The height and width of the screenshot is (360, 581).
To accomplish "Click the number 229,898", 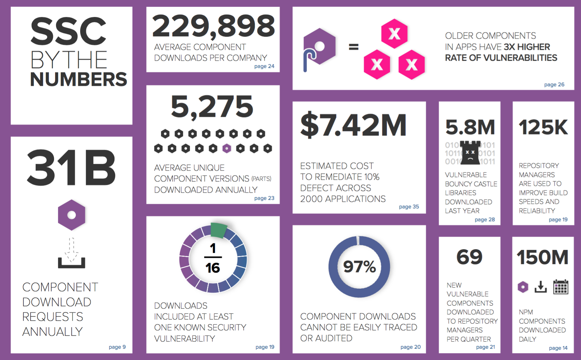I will [x=213, y=26].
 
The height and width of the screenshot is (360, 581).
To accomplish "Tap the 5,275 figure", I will [x=212, y=107].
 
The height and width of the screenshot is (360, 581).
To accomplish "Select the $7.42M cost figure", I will [x=353, y=125].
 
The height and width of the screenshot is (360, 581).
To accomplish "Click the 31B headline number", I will [x=71, y=168].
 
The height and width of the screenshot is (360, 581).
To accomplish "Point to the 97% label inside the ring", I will [x=359, y=267].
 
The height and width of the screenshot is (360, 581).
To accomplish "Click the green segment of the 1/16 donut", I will [x=218, y=230].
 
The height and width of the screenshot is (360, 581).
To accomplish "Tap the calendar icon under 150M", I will [x=561, y=287].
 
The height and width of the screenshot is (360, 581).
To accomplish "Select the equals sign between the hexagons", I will [x=354, y=47].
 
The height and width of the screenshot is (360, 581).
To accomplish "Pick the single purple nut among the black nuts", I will [x=227, y=148].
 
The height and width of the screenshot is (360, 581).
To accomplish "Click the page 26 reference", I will [x=554, y=85].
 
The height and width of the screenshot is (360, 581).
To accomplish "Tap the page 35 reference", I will [x=409, y=206].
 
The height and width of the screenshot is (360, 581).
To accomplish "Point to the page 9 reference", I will [x=117, y=347].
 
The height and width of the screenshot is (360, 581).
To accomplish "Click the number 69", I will [x=469, y=257].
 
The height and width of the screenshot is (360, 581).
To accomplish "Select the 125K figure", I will [x=543, y=127].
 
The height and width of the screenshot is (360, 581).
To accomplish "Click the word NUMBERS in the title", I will [x=78, y=79].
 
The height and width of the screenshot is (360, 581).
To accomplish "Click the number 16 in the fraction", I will [x=213, y=268].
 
